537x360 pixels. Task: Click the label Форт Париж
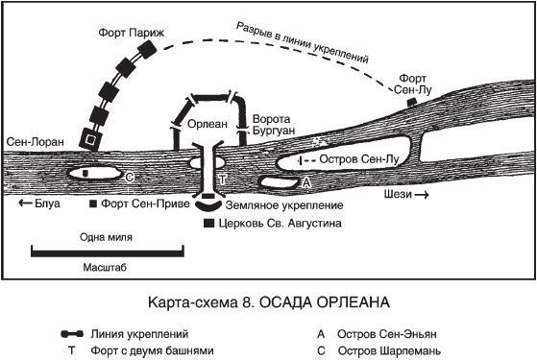pos(132,34)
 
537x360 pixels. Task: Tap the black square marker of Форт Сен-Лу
pos(411,102)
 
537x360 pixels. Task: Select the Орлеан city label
pos(207,124)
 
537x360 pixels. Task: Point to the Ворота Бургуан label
pos(273,125)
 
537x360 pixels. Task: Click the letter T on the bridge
pos(223,179)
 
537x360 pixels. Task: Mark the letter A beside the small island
pos(305,183)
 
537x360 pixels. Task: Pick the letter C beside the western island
pos(130,178)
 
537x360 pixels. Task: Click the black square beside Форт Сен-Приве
pos(93,204)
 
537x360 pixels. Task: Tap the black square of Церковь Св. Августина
pos(208,223)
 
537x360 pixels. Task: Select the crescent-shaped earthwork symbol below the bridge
pos(208,206)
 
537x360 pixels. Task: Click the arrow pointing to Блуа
pos(25,203)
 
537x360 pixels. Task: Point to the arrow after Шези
pos(422,195)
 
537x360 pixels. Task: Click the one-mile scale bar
pos(108,252)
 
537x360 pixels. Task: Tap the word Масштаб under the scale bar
pos(105,267)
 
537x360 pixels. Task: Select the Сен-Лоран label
pos(36,141)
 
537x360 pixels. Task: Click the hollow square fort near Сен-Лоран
pos(90,139)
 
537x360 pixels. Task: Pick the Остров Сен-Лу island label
pos(359,159)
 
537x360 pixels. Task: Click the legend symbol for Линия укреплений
pos(72,334)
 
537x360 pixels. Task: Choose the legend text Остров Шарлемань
pos(389,351)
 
